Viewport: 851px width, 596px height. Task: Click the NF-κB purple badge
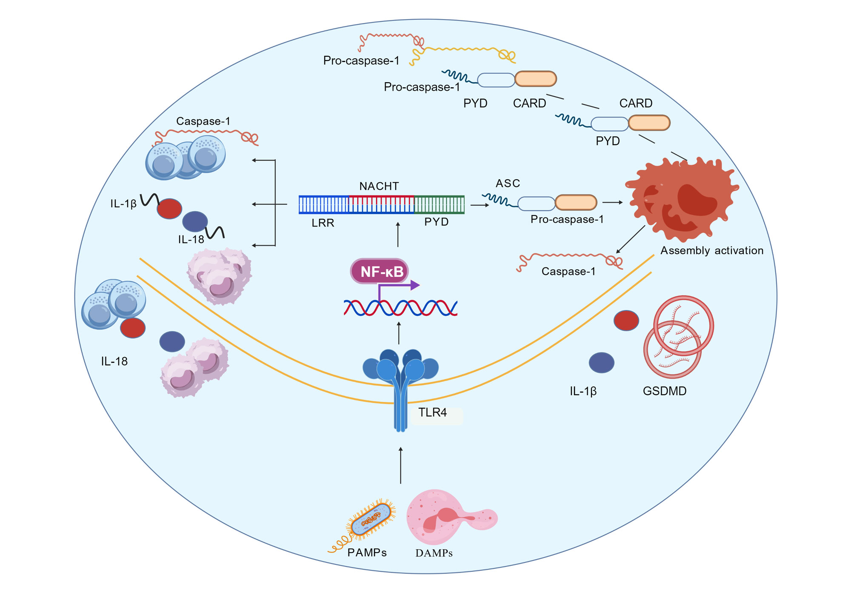pos(380,271)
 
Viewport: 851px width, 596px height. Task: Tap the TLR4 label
pos(432,413)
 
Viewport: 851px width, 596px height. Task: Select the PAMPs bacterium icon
pos(371,519)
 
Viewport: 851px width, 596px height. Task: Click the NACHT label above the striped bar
pos(379,186)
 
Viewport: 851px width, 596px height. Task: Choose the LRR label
pos(323,223)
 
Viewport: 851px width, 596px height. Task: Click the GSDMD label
pos(664,391)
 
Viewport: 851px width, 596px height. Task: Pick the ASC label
pos(508,183)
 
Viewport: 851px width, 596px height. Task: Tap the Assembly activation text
pos(711,250)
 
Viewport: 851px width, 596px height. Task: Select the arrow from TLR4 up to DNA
pos(399,333)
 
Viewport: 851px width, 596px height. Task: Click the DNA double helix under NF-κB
pos(400,307)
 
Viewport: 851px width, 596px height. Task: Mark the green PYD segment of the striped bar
pos(439,204)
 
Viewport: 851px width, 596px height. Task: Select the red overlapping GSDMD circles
pos(679,336)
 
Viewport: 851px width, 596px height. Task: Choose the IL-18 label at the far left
pos(114,361)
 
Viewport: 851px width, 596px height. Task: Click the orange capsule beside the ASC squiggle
pos(576,203)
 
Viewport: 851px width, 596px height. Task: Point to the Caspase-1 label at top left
pos(203,121)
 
